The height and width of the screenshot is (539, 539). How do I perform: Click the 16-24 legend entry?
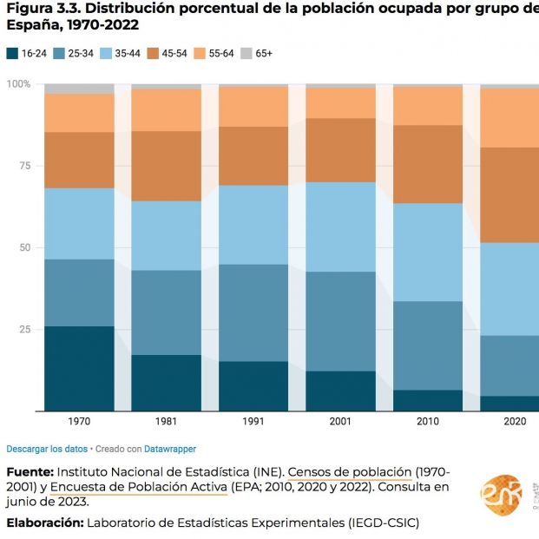(27, 53)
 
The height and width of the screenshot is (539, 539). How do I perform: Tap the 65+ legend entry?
(256, 53)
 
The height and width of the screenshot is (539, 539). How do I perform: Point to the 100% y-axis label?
(18, 84)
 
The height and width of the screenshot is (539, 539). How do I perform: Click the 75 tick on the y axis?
(25, 166)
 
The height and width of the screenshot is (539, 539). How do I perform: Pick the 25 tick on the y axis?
(25, 330)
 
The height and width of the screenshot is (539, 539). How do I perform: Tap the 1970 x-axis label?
(79, 421)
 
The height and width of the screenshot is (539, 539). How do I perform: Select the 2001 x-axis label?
(340, 421)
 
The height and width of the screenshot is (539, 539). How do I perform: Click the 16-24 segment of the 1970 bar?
(79, 368)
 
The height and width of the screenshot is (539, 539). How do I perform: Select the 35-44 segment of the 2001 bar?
(340, 227)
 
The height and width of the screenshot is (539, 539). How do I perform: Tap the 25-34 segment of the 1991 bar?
(253, 312)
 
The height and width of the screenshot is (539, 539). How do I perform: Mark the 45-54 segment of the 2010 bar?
(428, 164)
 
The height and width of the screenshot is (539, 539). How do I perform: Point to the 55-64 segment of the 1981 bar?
(166, 109)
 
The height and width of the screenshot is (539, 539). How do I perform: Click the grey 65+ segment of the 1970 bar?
(79, 89)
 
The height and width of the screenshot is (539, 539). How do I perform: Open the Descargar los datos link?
(47, 449)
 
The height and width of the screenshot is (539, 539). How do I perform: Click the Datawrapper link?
(171, 449)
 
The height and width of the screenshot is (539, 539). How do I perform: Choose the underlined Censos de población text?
(350, 471)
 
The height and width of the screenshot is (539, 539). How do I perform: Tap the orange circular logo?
(501, 496)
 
